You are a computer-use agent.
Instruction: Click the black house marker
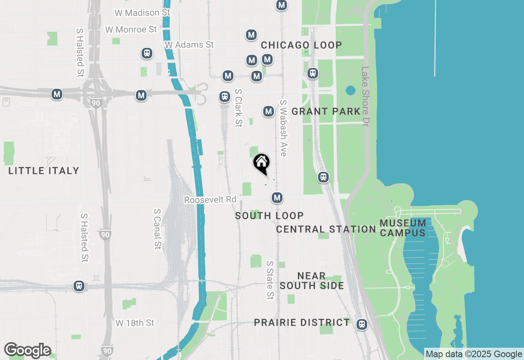(261, 163)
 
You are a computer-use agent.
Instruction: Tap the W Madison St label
(142, 13)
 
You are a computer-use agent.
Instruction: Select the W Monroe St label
(131, 29)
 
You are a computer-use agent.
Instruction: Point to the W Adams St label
(189, 44)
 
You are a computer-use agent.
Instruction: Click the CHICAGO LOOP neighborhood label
(301, 45)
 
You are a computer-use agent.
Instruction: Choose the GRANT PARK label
(326, 111)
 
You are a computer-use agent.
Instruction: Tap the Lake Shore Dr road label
(365, 97)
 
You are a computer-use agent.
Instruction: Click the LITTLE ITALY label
(44, 171)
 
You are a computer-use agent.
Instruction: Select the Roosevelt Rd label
(210, 200)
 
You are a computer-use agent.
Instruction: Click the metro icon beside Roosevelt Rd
(278, 198)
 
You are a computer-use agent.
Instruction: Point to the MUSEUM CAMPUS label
(402, 228)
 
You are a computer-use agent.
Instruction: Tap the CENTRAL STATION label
(326, 229)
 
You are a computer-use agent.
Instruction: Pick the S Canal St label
(158, 229)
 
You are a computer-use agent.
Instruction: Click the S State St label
(270, 280)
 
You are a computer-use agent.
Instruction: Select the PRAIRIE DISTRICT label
(302, 322)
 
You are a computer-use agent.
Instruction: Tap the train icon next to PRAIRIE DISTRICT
(361, 324)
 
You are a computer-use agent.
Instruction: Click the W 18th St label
(135, 323)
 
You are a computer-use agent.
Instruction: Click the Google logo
(28, 350)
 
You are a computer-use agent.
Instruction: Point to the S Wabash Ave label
(283, 128)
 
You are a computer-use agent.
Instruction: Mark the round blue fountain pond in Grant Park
(350, 90)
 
